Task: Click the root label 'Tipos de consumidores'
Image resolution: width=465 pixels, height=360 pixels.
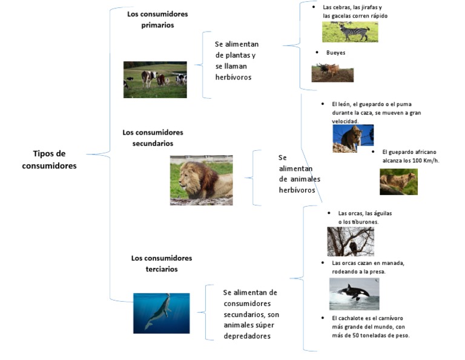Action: click(49, 159)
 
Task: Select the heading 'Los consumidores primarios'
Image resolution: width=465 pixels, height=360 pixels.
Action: click(157, 19)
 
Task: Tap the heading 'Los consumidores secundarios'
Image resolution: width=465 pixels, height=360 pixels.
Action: click(153, 138)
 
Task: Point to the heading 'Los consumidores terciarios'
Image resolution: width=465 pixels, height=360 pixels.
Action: click(161, 263)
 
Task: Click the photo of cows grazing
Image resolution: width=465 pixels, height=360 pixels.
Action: click(155, 79)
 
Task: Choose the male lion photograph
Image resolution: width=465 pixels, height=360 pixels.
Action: click(201, 180)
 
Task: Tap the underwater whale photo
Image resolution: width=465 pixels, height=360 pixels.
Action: click(161, 313)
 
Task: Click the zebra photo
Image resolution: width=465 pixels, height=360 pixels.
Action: click(349, 32)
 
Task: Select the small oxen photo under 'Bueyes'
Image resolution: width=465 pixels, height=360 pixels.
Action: click(332, 73)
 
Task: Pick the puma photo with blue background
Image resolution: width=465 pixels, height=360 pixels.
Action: click(353, 139)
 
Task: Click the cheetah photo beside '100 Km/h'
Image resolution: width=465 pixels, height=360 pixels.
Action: click(398, 182)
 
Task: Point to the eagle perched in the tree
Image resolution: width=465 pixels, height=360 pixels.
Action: click(351, 241)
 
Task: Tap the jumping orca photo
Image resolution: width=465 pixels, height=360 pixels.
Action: click(354, 294)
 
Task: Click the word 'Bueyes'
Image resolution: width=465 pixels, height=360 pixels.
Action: click(335, 53)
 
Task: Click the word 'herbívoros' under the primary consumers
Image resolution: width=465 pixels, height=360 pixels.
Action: click(233, 78)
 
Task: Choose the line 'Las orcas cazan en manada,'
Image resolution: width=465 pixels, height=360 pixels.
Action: click(368, 263)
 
